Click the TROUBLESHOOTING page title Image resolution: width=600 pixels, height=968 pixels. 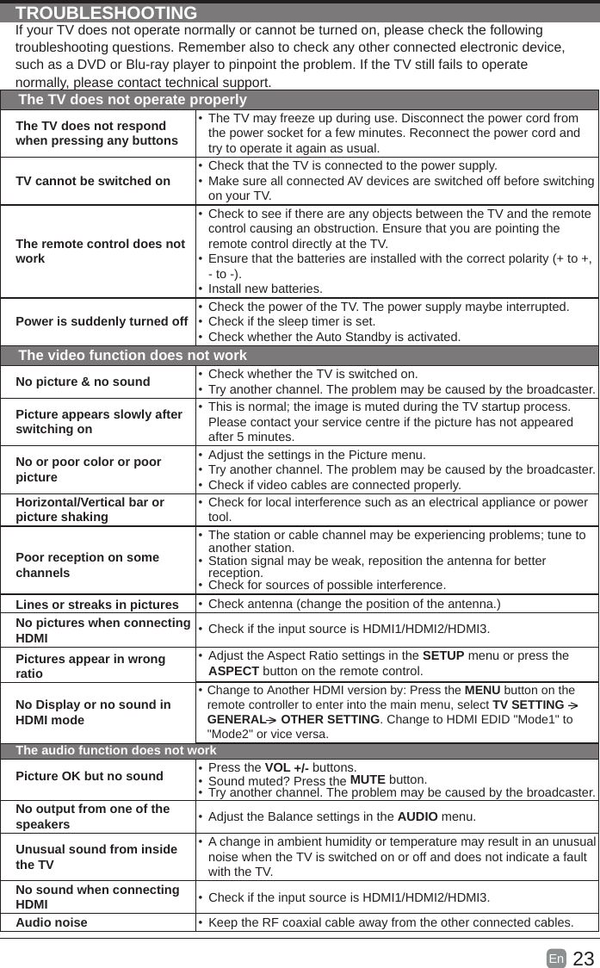point(107,13)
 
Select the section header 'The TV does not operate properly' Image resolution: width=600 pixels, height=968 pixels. point(133,100)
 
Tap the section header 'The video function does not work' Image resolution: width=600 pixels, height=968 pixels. point(133,355)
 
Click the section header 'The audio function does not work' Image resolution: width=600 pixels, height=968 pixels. point(116,750)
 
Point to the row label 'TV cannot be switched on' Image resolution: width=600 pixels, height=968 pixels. point(93,181)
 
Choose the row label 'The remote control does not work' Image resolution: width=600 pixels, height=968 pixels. point(100,251)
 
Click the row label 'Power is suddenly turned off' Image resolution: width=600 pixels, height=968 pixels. point(102,321)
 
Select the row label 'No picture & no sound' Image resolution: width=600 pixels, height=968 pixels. point(83,381)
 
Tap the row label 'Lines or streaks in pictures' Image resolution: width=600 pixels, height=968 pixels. point(97,605)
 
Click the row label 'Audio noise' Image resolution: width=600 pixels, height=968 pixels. point(52,922)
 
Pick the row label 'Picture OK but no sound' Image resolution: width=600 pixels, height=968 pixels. point(90,775)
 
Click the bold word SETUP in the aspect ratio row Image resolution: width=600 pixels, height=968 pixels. point(443,655)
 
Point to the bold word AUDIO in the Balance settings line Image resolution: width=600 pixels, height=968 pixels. point(417,816)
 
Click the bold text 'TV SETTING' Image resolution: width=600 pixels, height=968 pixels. point(528,705)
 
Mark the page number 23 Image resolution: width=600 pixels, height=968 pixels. point(583,959)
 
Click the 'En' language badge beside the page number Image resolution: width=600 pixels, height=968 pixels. point(556,958)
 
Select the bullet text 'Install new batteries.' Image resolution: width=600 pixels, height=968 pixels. point(265,288)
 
